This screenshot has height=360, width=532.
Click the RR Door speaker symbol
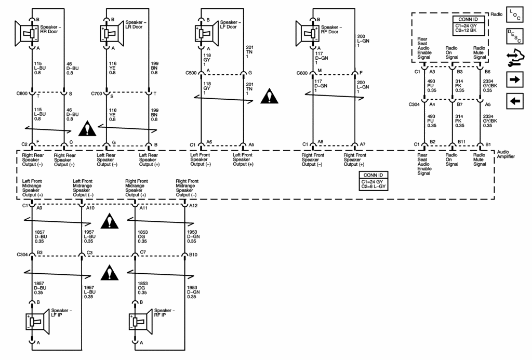[x=26, y=33]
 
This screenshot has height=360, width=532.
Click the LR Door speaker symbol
[x=112, y=33]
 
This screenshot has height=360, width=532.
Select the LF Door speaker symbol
[x=207, y=33]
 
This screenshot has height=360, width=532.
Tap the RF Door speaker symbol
[x=308, y=33]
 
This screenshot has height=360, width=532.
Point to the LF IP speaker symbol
[x=37, y=322]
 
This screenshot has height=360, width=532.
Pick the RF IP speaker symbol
[x=141, y=322]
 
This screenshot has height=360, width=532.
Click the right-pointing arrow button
[x=515, y=79]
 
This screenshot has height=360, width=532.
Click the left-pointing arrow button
[x=515, y=101]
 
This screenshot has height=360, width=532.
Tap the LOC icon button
[x=515, y=15]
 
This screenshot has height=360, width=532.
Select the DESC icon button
[x=515, y=36]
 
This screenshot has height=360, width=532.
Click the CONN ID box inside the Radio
[x=468, y=25]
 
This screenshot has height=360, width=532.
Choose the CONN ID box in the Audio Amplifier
[x=373, y=181]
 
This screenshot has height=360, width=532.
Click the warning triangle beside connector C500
[x=270, y=96]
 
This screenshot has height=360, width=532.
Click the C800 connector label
[x=22, y=94]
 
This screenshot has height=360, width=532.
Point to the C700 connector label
[x=97, y=94]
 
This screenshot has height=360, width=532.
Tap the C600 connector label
[x=302, y=73]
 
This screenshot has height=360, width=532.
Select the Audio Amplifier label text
[x=506, y=154]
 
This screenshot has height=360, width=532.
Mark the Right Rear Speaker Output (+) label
[x=64, y=160]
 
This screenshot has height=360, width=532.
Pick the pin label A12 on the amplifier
[x=193, y=206]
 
